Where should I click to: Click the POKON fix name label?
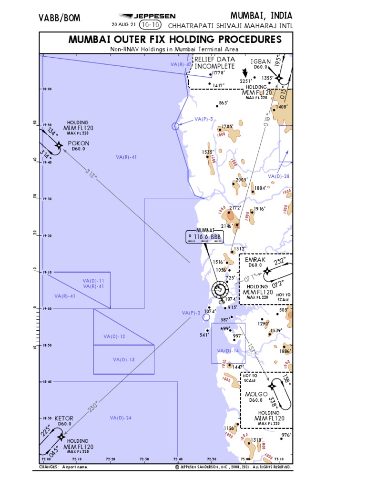(78, 143)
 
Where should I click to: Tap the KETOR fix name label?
(64, 418)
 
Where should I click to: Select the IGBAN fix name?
(261, 61)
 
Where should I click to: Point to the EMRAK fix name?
(255, 259)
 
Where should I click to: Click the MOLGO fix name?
(256, 394)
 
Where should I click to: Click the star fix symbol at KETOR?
(61, 436)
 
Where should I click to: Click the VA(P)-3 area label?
(203, 119)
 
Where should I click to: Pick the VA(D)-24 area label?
(121, 418)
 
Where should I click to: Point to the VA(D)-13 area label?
(124, 359)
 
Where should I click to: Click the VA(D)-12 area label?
(114, 336)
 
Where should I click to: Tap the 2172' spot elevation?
(234, 208)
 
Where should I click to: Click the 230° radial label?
(94, 406)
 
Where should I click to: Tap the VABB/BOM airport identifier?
(60, 18)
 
